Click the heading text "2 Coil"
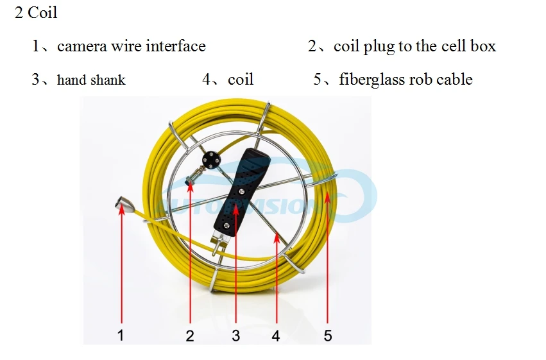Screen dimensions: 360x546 pyautogui.click(x=36, y=13)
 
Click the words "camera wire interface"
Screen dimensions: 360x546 pyautogui.click(x=131, y=46)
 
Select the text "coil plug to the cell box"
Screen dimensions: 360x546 pyautogui.click(x=414, y=46)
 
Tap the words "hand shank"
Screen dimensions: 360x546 pyautogui.click(x=91, y=80)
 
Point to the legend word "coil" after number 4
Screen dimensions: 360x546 pyautogui.click(x=241, y=80)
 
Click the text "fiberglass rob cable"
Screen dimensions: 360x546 pyautogui.click(x=405, y=80)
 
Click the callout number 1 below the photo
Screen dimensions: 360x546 pyautogui.click(x=121, y=334)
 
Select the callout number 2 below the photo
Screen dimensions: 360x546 pyautogui.click(x=190, y=335)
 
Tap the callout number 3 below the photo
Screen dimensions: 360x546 pyautogui.click(x=235, y=335)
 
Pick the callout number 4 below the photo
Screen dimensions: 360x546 pyautogui.click(x=276, y=335)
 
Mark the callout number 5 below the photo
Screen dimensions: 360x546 pyautogui.click(x=328, y=335)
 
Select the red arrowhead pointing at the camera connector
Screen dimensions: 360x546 pyautogui.click(x=121, y=211)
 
